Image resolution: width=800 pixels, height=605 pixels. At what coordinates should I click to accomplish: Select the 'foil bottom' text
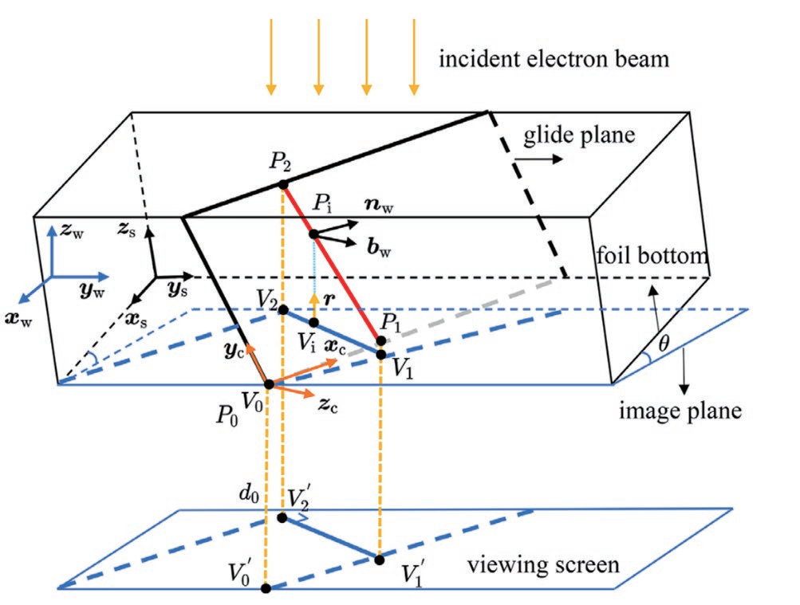click(652, 257)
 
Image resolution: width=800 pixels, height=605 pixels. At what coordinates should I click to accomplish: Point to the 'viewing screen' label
click(542, 565)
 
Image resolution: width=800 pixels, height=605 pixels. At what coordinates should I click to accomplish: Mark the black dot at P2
click(282, 185)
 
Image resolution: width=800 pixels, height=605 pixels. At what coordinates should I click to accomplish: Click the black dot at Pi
click(313, 234)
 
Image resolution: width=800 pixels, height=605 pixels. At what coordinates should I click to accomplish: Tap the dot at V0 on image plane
click(269, 384)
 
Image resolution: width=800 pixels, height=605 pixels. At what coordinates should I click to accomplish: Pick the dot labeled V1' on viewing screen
click(379, 559)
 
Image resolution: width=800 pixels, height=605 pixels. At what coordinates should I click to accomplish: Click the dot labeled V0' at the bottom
click(266, 589)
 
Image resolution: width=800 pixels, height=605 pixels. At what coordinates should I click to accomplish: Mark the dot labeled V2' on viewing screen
click(282, 518)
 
